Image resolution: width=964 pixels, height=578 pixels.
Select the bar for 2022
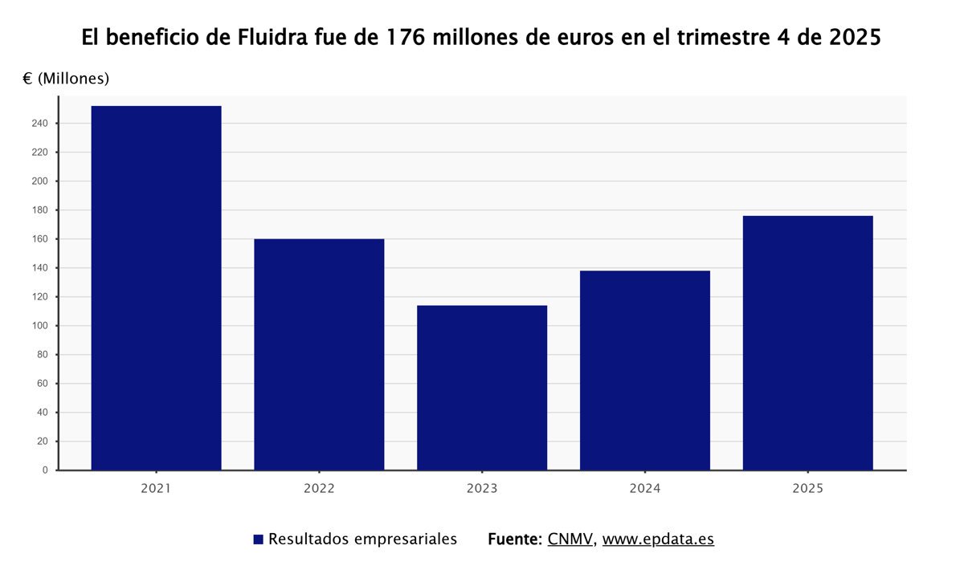pos(319,354)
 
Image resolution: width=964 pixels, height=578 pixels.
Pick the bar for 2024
pos(645,370)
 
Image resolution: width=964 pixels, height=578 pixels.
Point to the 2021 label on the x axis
pos(156,488)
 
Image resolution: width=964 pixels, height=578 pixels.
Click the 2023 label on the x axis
pos(482,488)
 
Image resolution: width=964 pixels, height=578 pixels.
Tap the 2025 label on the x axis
pos(807,488)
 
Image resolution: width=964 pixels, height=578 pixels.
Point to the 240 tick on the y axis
pos(40,124)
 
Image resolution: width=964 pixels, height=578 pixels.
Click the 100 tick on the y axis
pos(40,326)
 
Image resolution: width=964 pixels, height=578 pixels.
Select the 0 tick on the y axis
pos(45,470)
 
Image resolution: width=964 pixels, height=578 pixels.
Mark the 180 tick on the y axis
pos(40,210)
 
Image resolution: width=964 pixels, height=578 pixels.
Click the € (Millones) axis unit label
pos(66,79)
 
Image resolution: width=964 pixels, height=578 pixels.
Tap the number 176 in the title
pos(408,38)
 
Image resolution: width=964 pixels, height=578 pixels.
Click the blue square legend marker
pos(258,539)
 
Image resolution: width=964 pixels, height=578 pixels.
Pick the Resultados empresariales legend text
pos(362,539)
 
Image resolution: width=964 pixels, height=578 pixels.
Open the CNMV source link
pos(570,539)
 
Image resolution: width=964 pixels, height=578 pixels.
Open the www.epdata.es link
pos(658,539)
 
